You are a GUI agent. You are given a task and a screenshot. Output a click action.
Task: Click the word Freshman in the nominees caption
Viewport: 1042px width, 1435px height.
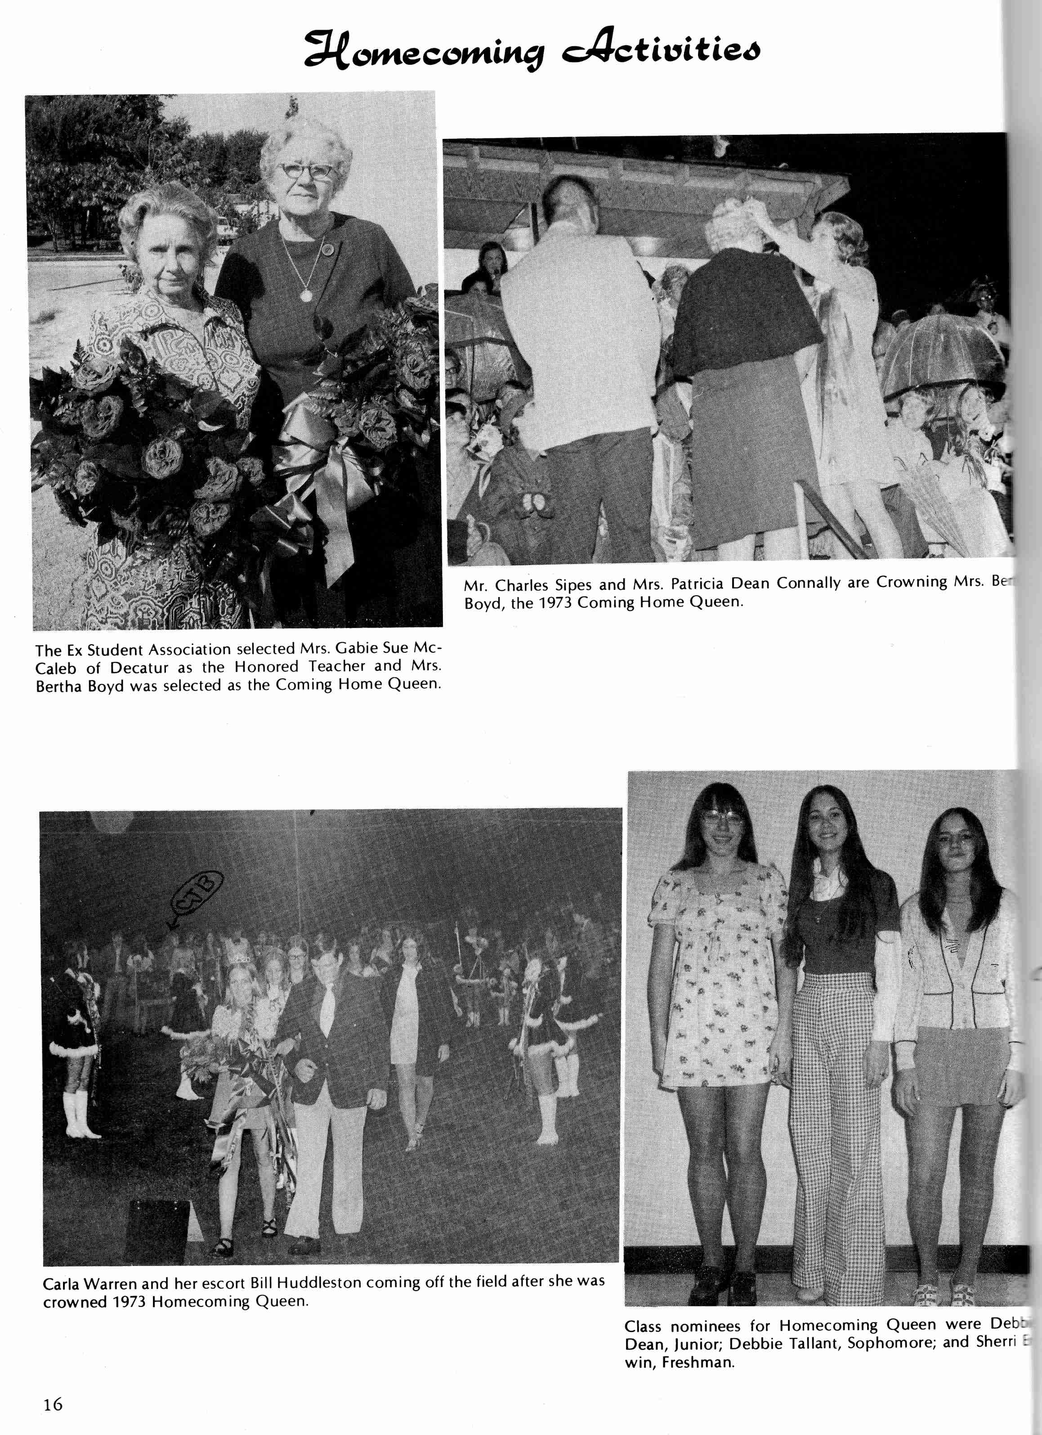697,1362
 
